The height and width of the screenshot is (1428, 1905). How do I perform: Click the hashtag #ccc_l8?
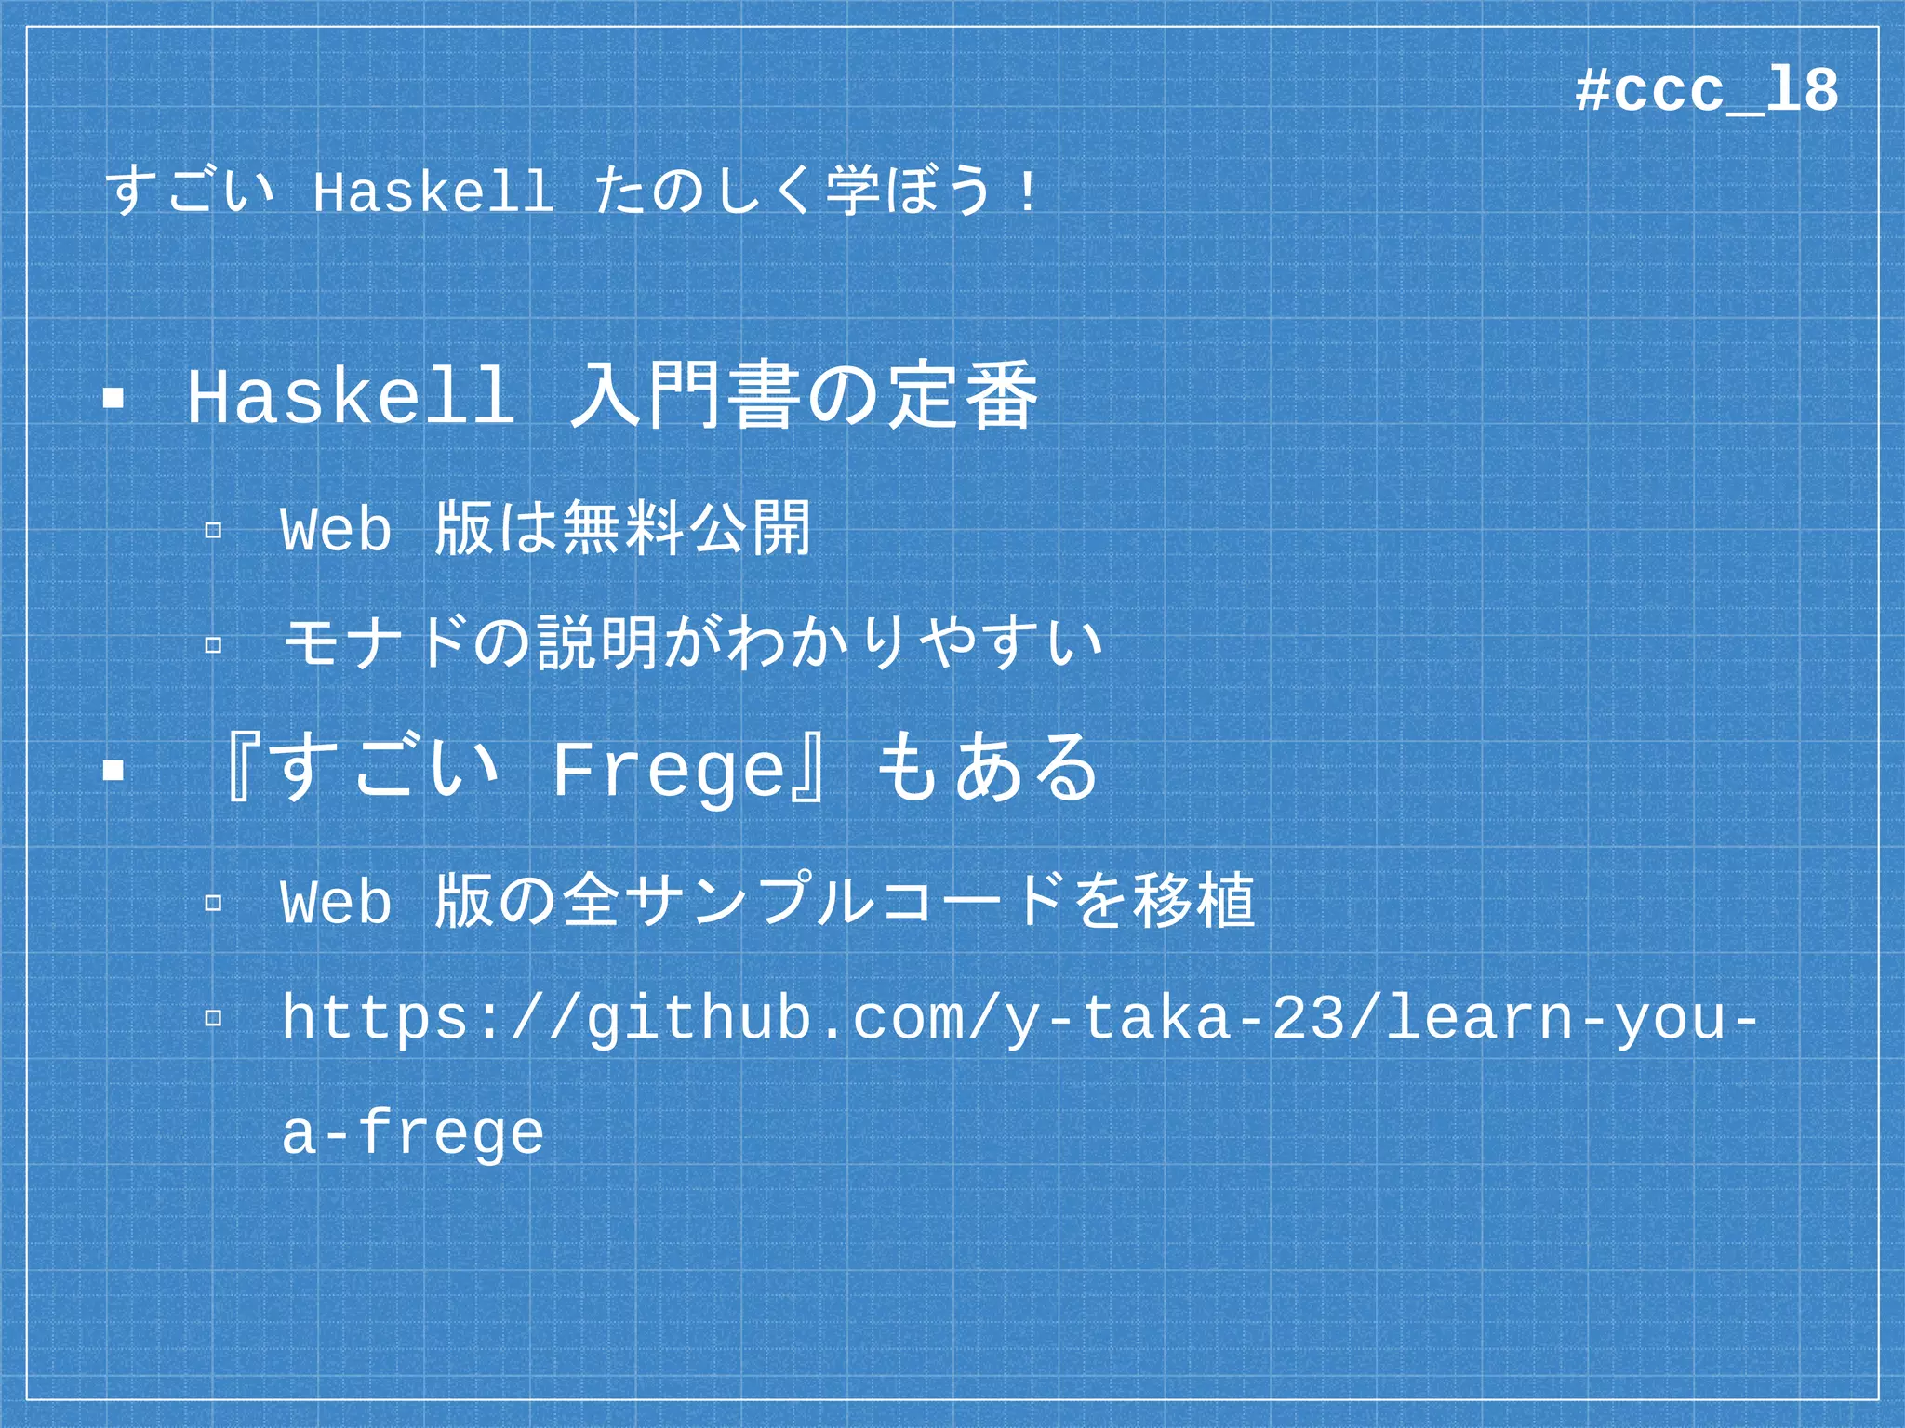(x=1707, y=91)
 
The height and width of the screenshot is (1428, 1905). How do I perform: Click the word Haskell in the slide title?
(x=433, y=192)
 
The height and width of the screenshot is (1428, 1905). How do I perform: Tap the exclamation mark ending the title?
(x=1026, y=192)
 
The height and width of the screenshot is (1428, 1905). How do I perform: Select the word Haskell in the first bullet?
(x=352, y=397)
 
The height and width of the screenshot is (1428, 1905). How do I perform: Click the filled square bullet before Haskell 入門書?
(x=113, y=399)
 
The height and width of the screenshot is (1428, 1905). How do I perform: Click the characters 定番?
(x=961, y=395)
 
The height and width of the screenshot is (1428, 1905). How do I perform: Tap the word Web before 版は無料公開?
(x=336, y=530)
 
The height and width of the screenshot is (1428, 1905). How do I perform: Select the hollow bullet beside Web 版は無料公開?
(x=213, y=531)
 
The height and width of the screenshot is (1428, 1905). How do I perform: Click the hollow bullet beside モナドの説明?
(x=213, y=643)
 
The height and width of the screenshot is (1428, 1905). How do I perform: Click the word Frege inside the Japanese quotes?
(x=670, y=770)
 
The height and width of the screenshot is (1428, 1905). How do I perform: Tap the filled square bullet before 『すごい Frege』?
(x=113, y=770)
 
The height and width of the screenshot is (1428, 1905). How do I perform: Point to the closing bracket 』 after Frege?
(x=811, y=770)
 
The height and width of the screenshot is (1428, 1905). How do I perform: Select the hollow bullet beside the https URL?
(x=213, y=1018)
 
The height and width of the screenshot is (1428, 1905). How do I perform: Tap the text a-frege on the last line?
(x=412, y=1133)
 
